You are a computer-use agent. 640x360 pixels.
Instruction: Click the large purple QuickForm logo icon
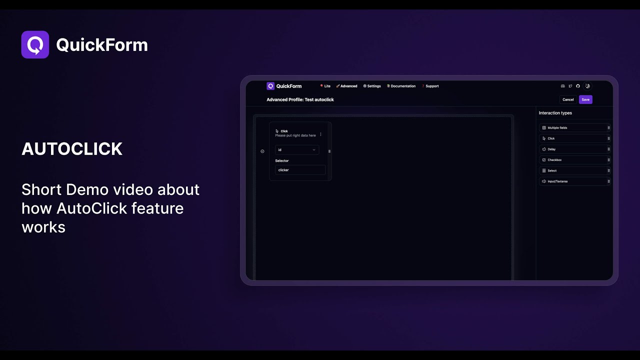[35, 44]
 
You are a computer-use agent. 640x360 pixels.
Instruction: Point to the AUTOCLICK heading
[72, 149]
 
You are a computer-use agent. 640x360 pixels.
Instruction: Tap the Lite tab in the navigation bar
[325, 86]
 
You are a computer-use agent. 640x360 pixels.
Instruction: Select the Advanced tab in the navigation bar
[347, 86]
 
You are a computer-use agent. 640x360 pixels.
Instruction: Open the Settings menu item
[372, 86]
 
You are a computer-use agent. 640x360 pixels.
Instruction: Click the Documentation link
[401, 86]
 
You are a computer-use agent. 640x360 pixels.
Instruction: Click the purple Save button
[585, 99]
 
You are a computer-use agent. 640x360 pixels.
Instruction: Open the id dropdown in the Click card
[297, 149]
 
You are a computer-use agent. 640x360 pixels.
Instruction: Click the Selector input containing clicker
[300, 170]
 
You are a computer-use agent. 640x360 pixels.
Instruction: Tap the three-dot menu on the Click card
[320, 134]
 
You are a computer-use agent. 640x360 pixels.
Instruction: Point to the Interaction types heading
[555, 113]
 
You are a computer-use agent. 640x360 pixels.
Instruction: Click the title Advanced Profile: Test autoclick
[300, 99]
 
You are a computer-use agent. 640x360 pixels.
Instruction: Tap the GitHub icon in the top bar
[578, 86]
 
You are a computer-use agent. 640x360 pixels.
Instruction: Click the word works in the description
[43, 227]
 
